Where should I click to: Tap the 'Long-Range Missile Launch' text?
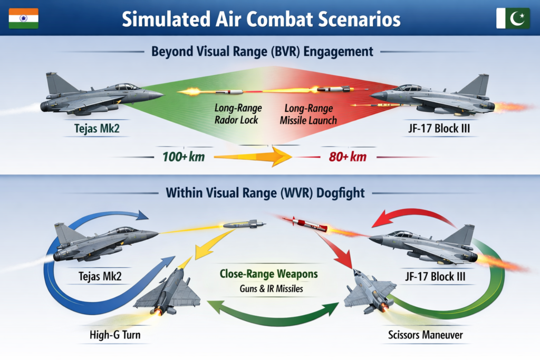[x=308, y=114]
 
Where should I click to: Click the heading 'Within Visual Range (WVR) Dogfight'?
[x=265, y=192]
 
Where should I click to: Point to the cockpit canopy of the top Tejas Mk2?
[x=125, y=86]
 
